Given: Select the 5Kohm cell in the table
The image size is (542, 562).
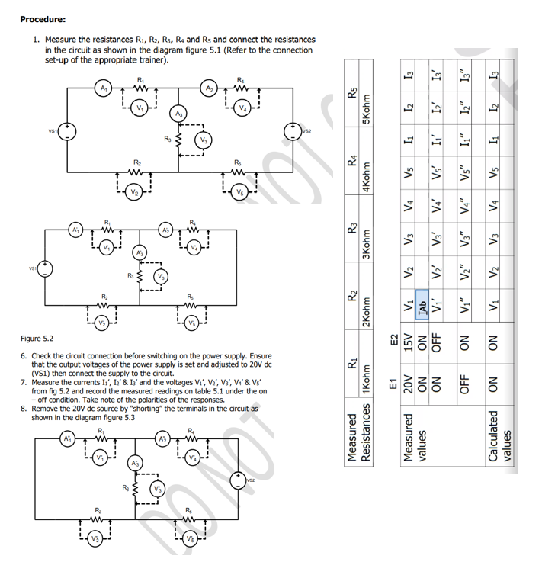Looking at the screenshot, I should (368, 111).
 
